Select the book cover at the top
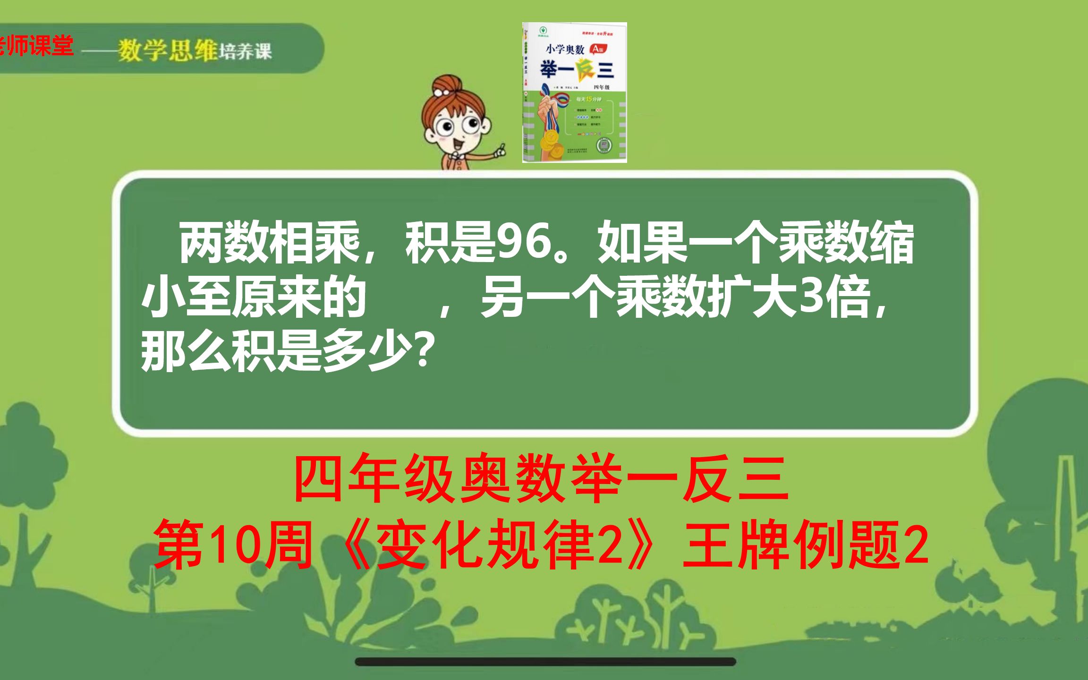[574, 93]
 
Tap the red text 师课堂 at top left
[40, 46]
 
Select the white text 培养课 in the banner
[246, 51]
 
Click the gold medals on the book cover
[549, 140]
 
